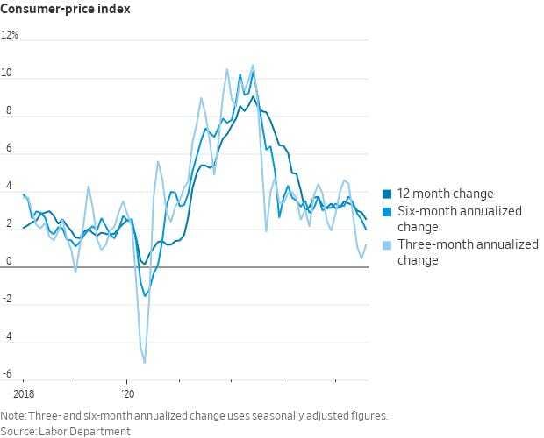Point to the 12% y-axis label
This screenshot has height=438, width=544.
tap(11, 37)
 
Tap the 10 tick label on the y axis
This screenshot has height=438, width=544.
tap(8, 74)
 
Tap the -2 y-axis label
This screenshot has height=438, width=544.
tap(7, 300)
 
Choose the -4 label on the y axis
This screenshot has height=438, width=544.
tap(7, 337)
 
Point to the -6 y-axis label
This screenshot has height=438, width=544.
tap(7, 374)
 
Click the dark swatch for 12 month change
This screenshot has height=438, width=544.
tap(388, 194)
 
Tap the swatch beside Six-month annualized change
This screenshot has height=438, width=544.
tap(388, 211)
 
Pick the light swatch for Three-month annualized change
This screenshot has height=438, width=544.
tap(388, 244)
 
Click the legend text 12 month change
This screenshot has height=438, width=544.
tap(446, 194)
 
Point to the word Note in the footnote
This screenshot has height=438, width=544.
tap(13, 416)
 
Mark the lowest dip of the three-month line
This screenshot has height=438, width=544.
tap(144, 362)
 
